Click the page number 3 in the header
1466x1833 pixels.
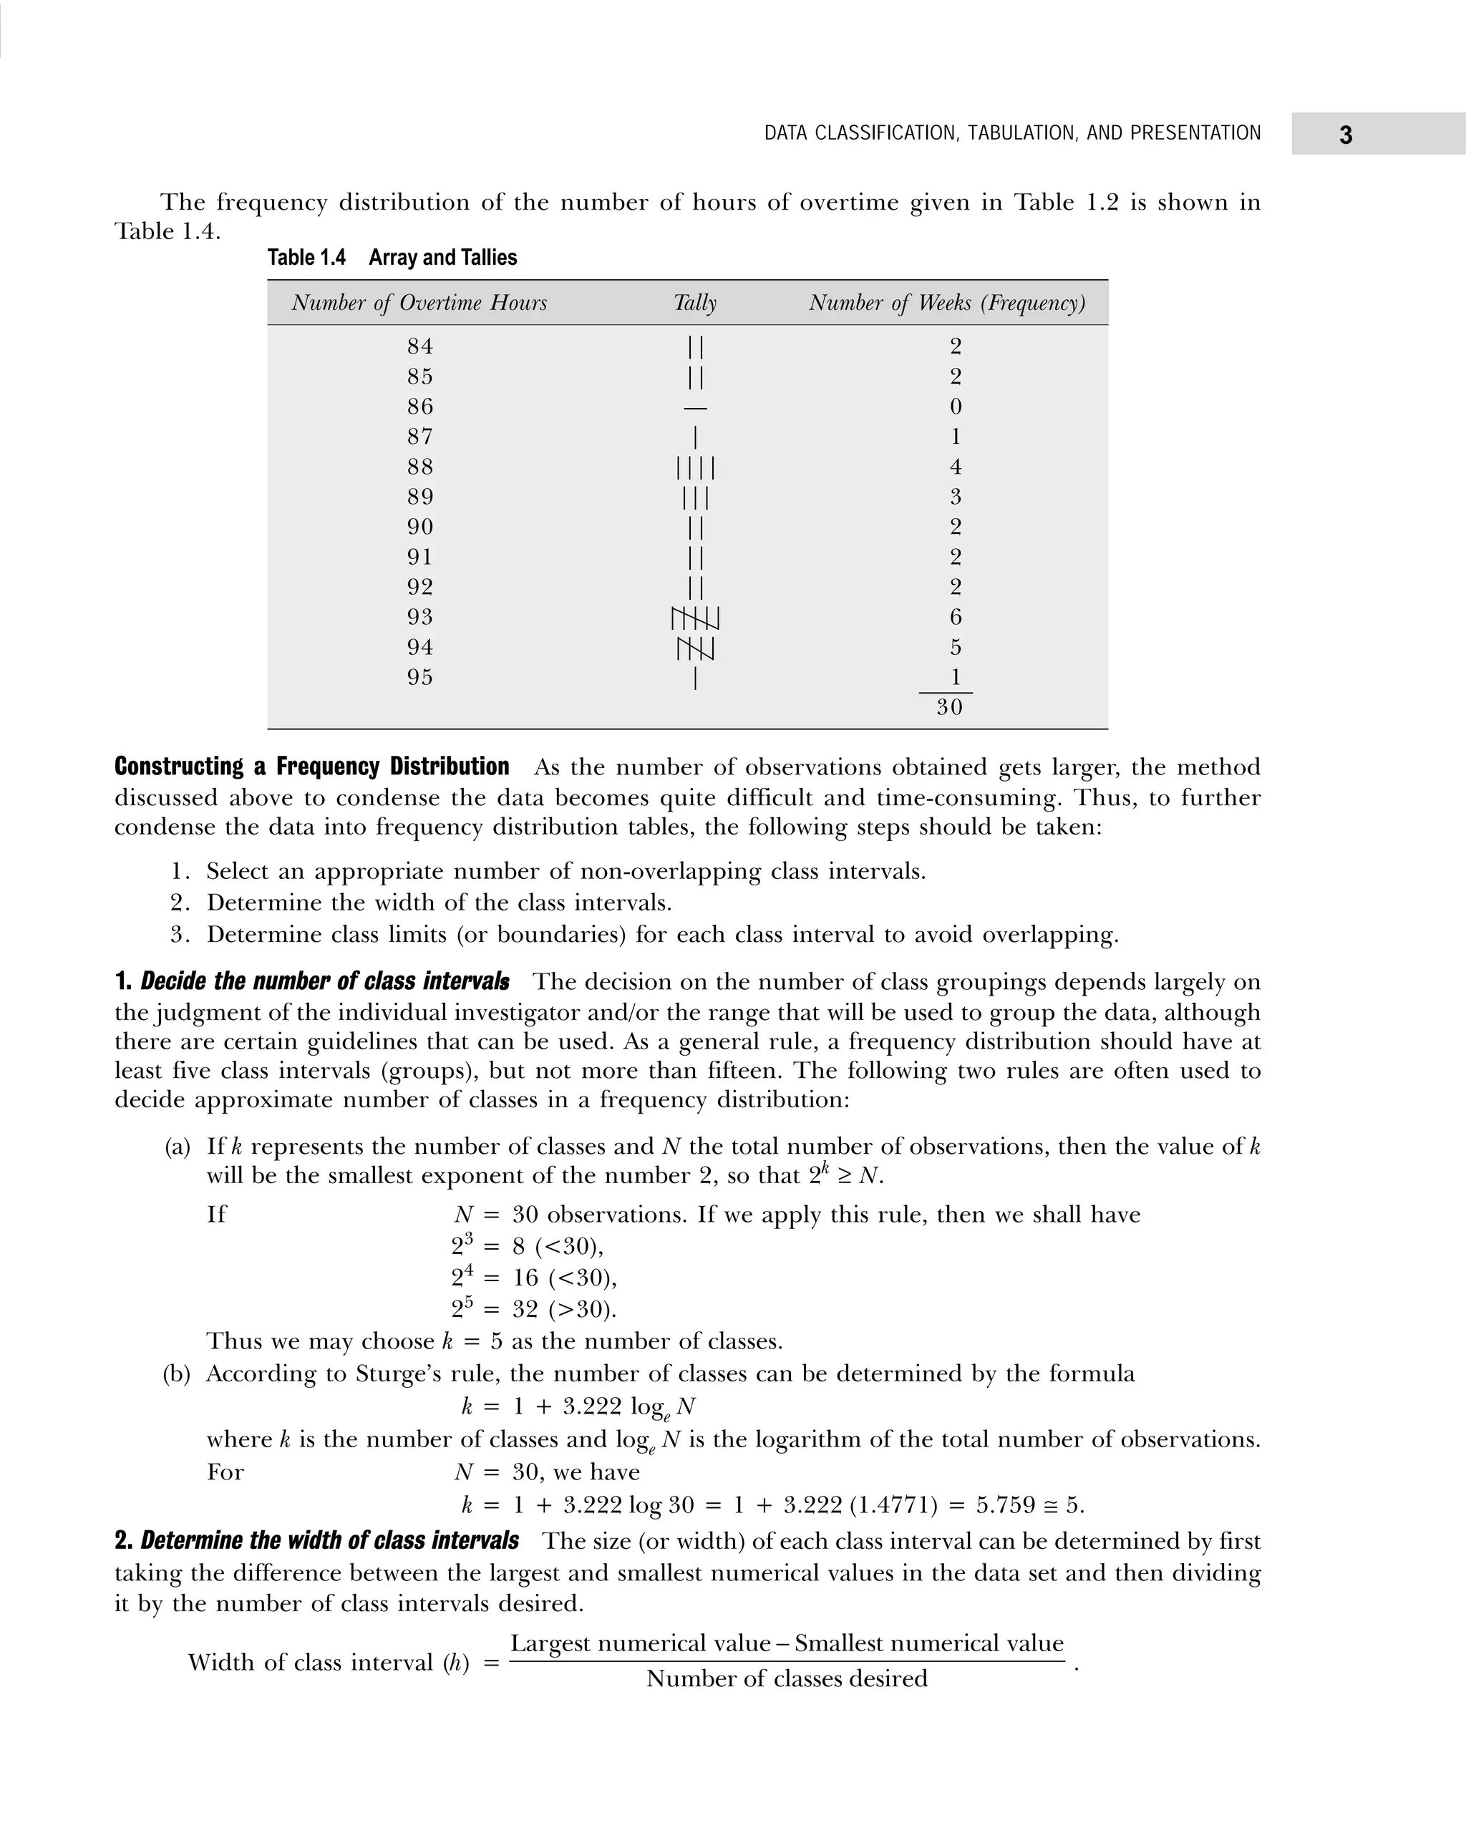click(x=1345, y=135)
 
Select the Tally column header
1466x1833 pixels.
click(x=695, y=303)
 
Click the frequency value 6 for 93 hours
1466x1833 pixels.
click(x=955, y=617)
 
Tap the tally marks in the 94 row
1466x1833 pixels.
click(x=696, y=648)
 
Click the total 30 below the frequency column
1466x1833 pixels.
click(x=949, y=707)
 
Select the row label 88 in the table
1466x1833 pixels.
click(x=420, y=467)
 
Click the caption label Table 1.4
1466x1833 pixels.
click(x=306, y=258)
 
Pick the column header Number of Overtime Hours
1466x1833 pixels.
click(x=419, y=303)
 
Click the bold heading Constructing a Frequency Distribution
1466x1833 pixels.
click(x=312, y=767)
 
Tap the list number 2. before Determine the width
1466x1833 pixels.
click(x=180, y=902)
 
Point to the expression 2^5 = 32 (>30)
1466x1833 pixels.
click(x=533, y=1309)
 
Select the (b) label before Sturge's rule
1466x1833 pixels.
click(x=177, y=1374)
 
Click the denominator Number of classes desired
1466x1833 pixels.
click(x=787, y=1678)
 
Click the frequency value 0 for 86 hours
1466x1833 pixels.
click(x=955, y=407)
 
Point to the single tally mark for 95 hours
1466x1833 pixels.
click(x=696, y=679)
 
